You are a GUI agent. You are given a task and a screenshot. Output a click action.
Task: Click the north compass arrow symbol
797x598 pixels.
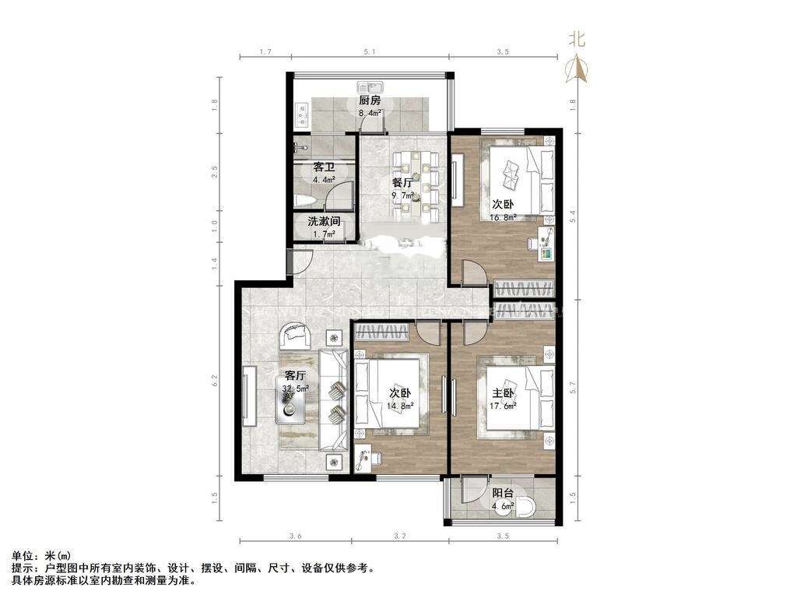(578, 71)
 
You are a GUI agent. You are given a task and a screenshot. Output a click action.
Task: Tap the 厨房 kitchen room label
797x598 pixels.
(370, 100)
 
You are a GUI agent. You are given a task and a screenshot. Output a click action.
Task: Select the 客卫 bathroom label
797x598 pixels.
(324, 167)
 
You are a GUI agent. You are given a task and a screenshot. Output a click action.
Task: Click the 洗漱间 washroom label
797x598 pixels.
(323, 221)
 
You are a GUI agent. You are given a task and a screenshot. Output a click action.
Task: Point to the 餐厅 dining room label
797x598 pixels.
(402, 184)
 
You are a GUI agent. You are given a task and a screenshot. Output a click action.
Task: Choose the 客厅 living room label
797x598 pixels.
(296, 375)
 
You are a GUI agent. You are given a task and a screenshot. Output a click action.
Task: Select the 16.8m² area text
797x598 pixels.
(504, 218)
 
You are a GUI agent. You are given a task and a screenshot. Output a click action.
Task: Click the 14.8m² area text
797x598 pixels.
(399, 405)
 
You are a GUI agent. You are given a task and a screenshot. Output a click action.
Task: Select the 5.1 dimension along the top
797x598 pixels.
(370, 52)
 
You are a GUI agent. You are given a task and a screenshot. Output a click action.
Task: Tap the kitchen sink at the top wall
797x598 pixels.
(370, 86)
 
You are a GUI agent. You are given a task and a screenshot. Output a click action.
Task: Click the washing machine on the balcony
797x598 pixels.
(527, 507)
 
